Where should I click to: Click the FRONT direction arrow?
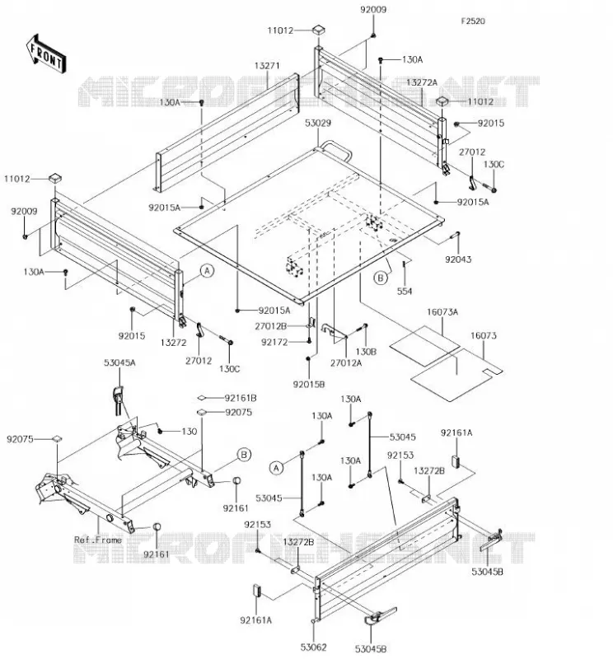(46, 54)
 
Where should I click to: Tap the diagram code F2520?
(473, 21)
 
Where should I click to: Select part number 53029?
(318, 123)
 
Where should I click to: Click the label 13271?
(267, 66)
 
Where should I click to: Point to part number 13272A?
(422, 82)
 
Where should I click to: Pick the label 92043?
(458, 259)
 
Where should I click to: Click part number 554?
(405, 291)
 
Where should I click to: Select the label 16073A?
(442, 312)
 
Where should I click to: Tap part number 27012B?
(271, 326)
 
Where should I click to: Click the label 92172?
(274, 342)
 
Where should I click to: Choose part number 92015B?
(309, 384)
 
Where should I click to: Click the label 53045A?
(119, 362)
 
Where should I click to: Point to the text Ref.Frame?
(98, 540)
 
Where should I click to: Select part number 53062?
(314, 647)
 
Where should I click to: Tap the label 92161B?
(241, 398)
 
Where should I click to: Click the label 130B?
(366, 352)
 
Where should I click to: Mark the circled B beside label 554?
(381, 278)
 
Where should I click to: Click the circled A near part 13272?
(207, 271)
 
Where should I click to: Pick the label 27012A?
(346, 362)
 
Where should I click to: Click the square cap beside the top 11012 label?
(320, 30)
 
